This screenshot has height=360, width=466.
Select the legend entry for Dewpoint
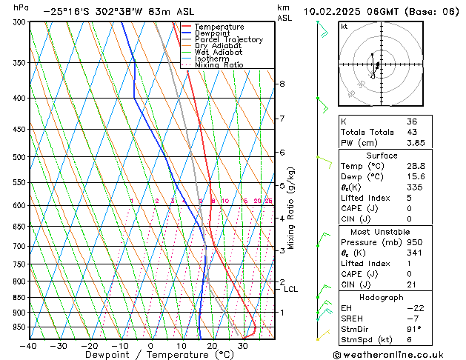click(x=212, y=33)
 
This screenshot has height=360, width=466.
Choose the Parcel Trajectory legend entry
click(x=228, y=40)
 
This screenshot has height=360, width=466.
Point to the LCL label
click(x=290, y=289)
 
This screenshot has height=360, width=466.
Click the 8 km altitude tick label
click(x=282, y=84)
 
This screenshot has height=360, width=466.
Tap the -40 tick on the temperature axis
click(x=29, y=345)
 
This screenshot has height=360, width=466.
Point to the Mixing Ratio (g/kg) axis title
click(x=291, y=208)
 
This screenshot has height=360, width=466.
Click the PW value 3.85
click(x=416, y=143)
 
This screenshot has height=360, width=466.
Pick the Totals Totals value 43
click(x=411, y=132)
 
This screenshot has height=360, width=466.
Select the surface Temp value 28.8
click(x=416, y=167)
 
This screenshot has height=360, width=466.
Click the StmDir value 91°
click(x=413, y=329)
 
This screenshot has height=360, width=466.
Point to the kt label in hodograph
click(x=344, y=27)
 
